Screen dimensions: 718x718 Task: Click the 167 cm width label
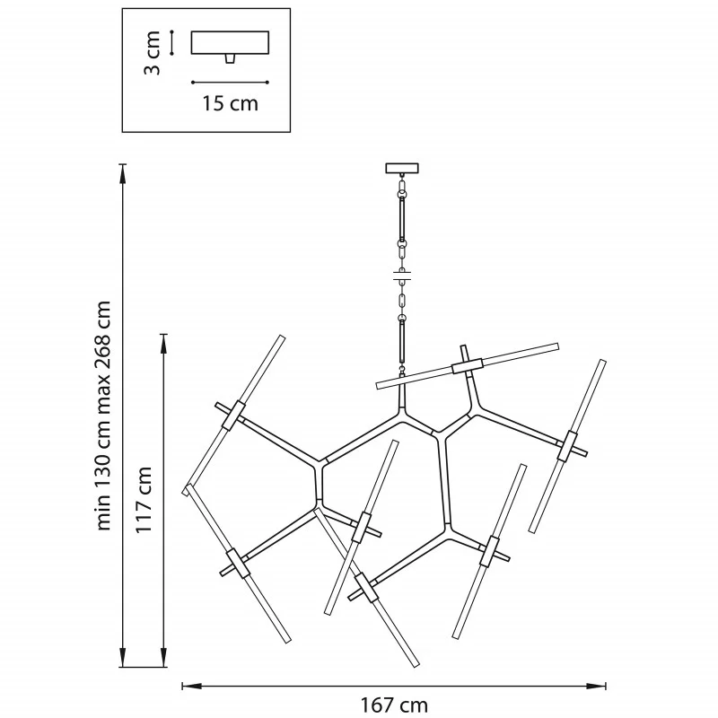[394, 705]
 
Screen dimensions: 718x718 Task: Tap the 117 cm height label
[144, 500]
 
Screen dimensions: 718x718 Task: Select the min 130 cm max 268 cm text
[103, 416]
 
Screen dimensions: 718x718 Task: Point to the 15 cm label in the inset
[231, 103]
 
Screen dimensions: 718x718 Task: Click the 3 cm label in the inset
[152, 53]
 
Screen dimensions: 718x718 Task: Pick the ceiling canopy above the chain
[402, 168]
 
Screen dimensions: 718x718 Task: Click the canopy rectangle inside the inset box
[230, 42]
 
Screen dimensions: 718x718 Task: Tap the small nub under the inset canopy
[231, 58]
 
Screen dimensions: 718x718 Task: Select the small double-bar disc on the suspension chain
[402, 276]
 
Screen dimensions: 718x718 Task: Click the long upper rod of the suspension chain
[402, 218]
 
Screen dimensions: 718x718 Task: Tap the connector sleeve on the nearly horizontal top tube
[467, 366]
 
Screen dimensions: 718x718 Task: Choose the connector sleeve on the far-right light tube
[567, 445]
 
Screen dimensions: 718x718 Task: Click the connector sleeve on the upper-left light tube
[233, 415]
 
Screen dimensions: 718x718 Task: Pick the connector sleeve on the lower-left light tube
[238, 563]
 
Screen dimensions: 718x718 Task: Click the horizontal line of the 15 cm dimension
[230, 83]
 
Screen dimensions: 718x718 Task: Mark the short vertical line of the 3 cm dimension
[171, 42]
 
